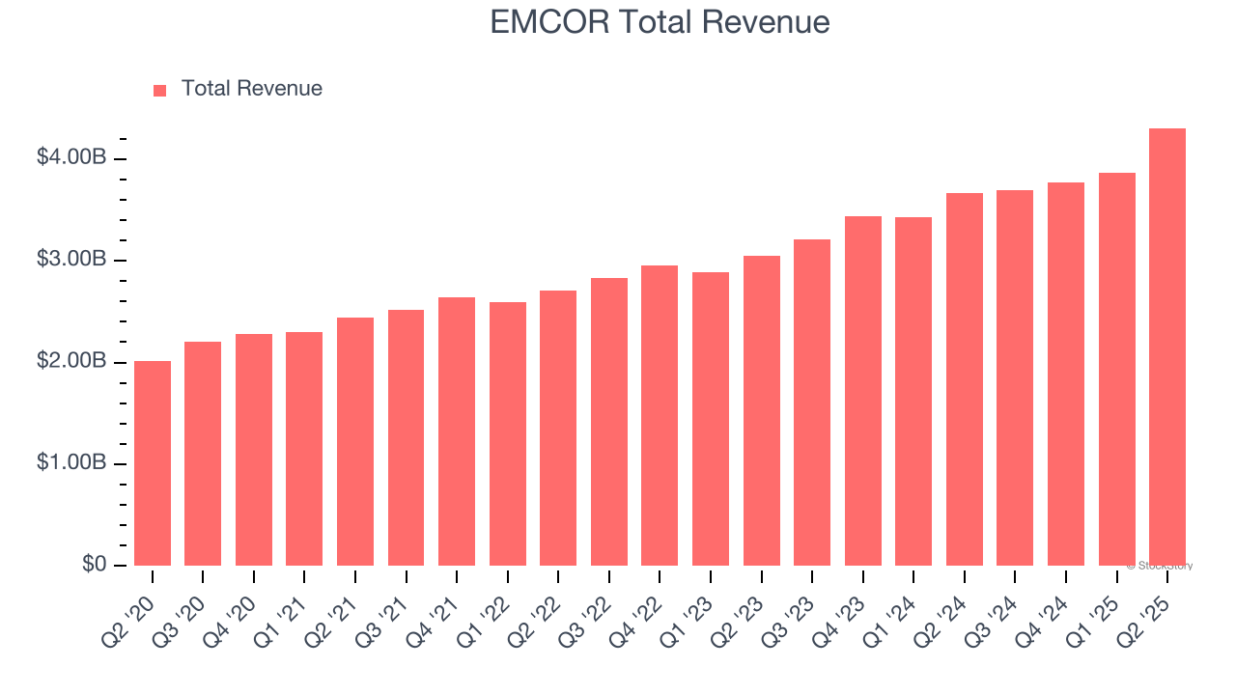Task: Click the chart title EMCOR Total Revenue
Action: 660,21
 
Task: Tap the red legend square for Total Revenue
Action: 160,90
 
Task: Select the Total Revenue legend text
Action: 251,89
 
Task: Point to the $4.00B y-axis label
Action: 70,157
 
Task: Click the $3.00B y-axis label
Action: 70,260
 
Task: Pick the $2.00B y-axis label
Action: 70,361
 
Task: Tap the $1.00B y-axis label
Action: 70,463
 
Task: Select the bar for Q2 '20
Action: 153,463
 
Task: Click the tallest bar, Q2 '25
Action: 1167,347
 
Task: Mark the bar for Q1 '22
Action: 508,434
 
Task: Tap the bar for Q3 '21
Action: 406,437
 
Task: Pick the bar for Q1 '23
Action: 711,419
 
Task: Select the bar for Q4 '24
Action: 1066,375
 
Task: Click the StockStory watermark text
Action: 1160,566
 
